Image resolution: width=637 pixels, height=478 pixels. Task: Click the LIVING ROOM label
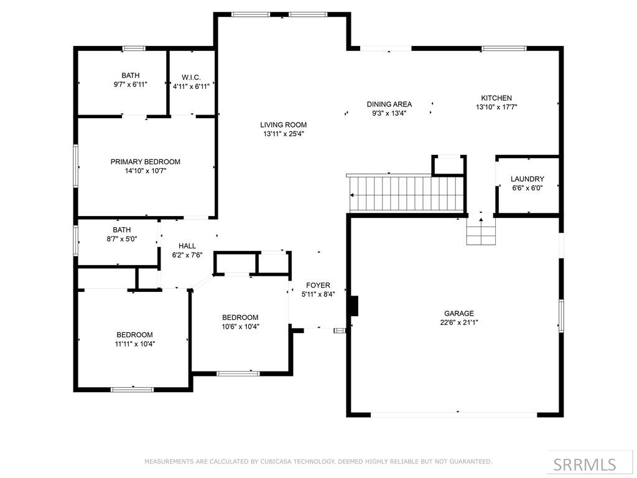click(x=284, y=124)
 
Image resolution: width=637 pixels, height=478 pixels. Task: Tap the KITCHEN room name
click(x=496, y=98)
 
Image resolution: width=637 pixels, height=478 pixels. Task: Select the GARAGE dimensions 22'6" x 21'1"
click(x=459, y=322)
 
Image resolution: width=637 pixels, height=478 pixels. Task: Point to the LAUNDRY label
click(x=528, y=179)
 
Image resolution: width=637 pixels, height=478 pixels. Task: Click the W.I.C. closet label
click(x=191, y=77)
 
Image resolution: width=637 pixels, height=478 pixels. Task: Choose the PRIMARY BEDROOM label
click(x=146, y=162)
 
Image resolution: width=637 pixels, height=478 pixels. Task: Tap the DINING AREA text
click(x=389, y=105)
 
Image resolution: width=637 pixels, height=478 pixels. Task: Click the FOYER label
click(x=318, y=285)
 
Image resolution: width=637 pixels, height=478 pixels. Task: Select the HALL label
click(x=187, y=246)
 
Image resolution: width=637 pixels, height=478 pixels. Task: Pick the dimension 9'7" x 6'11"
click(x=131, y=85)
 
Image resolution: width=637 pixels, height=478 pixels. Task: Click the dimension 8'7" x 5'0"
click(x=122, y=239)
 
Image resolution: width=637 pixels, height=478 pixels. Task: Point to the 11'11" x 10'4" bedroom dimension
click(x=135, y=344)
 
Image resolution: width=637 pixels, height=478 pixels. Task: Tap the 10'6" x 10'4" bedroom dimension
click(x=240, y=326)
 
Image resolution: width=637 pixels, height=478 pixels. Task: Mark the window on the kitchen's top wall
click(x=504, y=49)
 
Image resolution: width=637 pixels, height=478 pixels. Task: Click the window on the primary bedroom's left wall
click(x=75, y=166)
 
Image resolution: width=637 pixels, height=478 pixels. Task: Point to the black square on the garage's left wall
click(x=354, y=306)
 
